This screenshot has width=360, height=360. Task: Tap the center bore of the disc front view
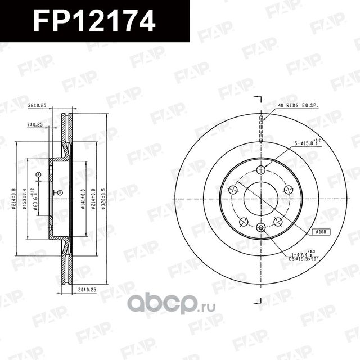click(x=261, y=197)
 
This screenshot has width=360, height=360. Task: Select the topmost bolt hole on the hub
click(x=260, y=169)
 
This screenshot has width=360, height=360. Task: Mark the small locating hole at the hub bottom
click(x=260, y=227)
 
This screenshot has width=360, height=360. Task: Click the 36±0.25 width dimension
click(x=37, y=105)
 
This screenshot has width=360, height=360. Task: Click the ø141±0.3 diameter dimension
click(x=83, y=197)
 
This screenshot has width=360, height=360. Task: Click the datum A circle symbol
click(x=38, y=175)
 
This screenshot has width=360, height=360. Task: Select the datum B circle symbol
click(x=60, y=192)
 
